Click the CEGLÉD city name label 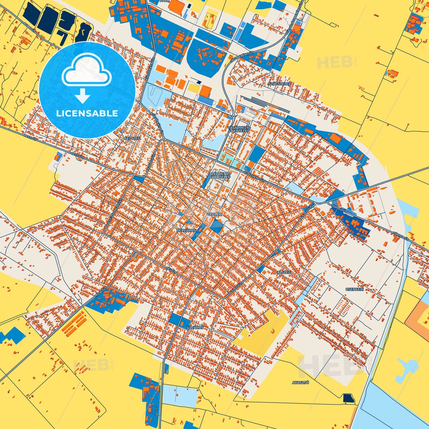[x=214, y=214]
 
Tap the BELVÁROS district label [x=186, y=230]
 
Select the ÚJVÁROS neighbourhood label [x=195, y=327]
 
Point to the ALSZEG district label [x=284, y=272]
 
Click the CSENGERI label [x=354, y=289]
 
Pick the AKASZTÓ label [x=300, y=383]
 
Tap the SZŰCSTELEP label [x=279, y=84]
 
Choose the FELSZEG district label [x=132, y=138]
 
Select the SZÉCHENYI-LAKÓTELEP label [x=220, y=175]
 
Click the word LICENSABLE [x=87, y=113]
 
